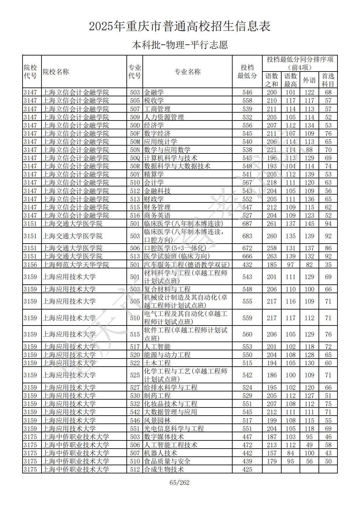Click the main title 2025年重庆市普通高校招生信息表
point(180,26)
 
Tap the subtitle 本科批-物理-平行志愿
point(180,45)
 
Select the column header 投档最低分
point(247,72)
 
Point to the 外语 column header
point(309,80)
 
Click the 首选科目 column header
point(328,80)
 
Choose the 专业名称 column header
point(187,72)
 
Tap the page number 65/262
point(180,483)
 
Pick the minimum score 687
point(247,224)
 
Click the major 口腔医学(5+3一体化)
point(175,248)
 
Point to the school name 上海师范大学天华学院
point(76,265)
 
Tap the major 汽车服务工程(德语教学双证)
point(187,265)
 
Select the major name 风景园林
point(157,421)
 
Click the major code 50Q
point(135,158)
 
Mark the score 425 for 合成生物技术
point(247,469)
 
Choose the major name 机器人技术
point(160,453)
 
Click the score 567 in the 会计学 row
point(247,183)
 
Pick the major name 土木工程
point(157,363)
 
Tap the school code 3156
point(30,265)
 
